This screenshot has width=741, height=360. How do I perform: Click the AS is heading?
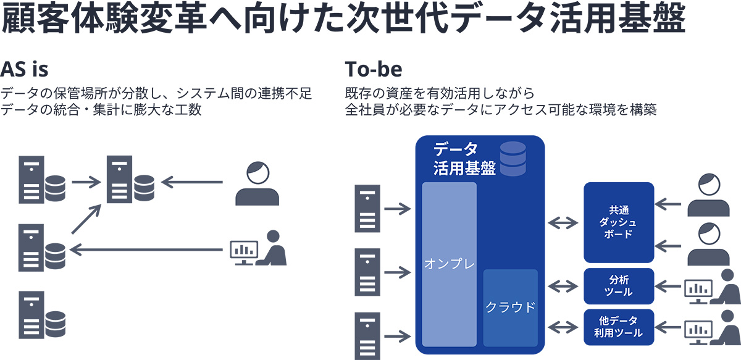pos(25,67)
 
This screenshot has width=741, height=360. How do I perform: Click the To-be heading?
pos(373,67)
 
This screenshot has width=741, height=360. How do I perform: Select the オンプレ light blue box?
pos(450,263)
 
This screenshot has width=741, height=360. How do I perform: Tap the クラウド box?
pos(510,308)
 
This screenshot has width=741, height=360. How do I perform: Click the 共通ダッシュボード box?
pos(618,222)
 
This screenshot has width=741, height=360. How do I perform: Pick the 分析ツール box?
pos(618,286)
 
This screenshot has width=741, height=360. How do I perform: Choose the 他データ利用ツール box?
pos(618,327)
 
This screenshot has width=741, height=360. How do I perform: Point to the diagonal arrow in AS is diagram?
pos(85,219)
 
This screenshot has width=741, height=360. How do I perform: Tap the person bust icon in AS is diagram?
pos(257,183)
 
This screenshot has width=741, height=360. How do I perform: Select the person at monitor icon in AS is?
pos(258,248)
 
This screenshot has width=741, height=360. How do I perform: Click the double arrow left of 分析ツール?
pos(562,286)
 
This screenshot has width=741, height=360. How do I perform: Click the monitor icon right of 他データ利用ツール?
pos(698,329)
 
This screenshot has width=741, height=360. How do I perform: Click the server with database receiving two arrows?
pos(130,180)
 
